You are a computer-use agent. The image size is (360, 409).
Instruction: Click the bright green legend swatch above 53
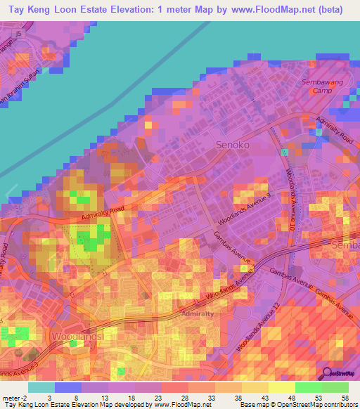[309, 387]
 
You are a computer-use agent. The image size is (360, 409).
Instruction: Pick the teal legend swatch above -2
[41, 387]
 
